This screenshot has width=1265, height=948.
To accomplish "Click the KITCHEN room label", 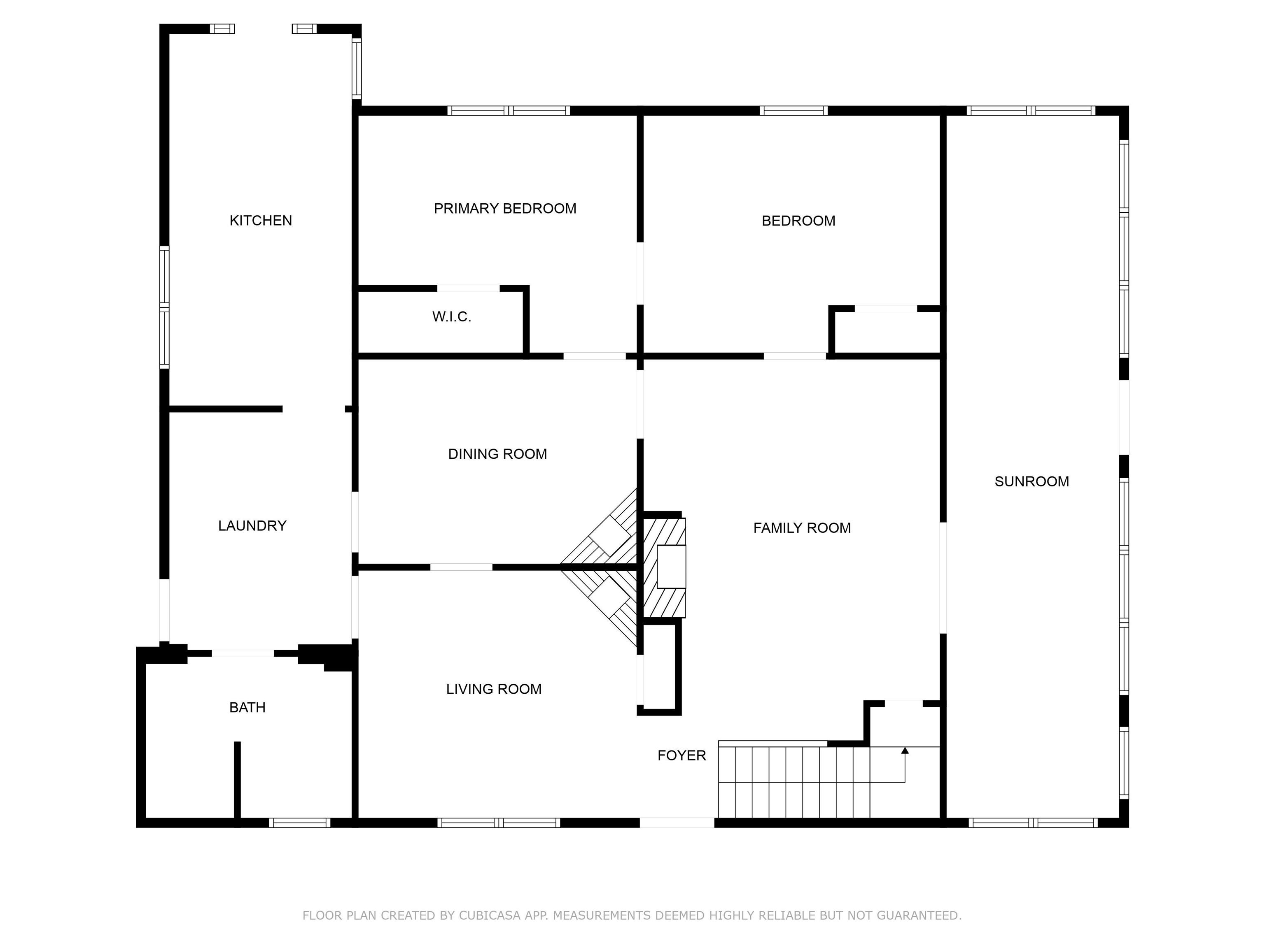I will (x=260, y=221).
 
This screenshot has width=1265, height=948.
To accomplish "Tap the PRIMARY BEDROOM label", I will (x=504, y=209).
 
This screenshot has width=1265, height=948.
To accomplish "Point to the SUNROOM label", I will (x=1031, y=482).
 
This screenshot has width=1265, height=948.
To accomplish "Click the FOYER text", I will (x=681, y=755).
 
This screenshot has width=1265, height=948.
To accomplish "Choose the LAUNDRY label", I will (x=252, y=526).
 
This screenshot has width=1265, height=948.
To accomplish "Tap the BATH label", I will (x=247, y=707).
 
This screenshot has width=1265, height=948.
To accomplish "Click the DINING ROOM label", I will (x=497, y=454).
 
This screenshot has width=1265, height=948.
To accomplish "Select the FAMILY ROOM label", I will (x=801, y=528).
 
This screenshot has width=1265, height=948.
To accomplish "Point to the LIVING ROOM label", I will (x=494, y=689).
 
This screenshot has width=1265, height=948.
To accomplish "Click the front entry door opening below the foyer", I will (x=677, y=823).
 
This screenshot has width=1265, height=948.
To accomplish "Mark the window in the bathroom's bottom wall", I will (x=300, y=823).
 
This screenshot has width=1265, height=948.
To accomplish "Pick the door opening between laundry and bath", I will (x=243, y=653).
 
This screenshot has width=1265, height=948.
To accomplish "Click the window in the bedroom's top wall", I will (x=793, y=111).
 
